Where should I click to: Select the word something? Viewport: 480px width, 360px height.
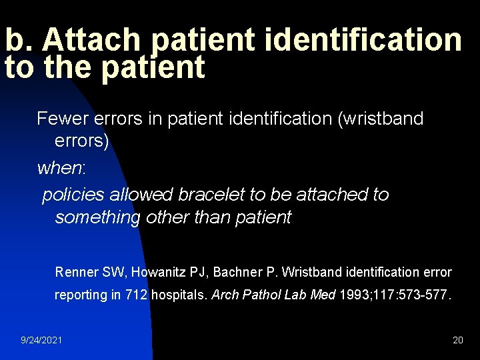point(97,217)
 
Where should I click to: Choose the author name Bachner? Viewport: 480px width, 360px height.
point(239,272)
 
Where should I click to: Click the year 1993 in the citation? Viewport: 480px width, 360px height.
point(352,295)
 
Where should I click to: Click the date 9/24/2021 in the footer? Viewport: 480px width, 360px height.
point(41,340)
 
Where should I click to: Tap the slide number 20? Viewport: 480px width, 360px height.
point(457,340)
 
